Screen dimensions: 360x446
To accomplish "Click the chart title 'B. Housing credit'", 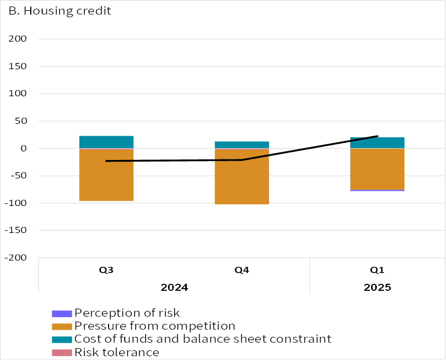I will pos(60,11).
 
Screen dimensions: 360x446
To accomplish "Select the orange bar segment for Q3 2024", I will pos(106,175).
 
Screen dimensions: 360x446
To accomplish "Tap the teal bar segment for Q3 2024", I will pos(106,142).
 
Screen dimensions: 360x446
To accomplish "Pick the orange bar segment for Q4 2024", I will pos(242,176).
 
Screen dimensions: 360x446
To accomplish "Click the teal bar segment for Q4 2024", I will pos(242,145).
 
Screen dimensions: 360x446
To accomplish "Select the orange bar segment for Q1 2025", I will pos(377,169).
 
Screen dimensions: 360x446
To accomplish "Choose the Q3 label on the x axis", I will pos(106,270).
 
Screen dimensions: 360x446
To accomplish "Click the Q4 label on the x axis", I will pos(242,270).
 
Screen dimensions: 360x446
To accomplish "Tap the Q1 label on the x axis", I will pos(377,270).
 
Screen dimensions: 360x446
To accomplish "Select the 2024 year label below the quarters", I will pos(174,287).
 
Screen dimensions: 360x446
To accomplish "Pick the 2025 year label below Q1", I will pos(377,287).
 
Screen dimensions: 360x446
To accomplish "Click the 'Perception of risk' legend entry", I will pos(127,312).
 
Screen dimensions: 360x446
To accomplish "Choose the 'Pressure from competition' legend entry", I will pos(154,326).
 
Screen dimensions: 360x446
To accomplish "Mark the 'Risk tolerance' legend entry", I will pos(117,352).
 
